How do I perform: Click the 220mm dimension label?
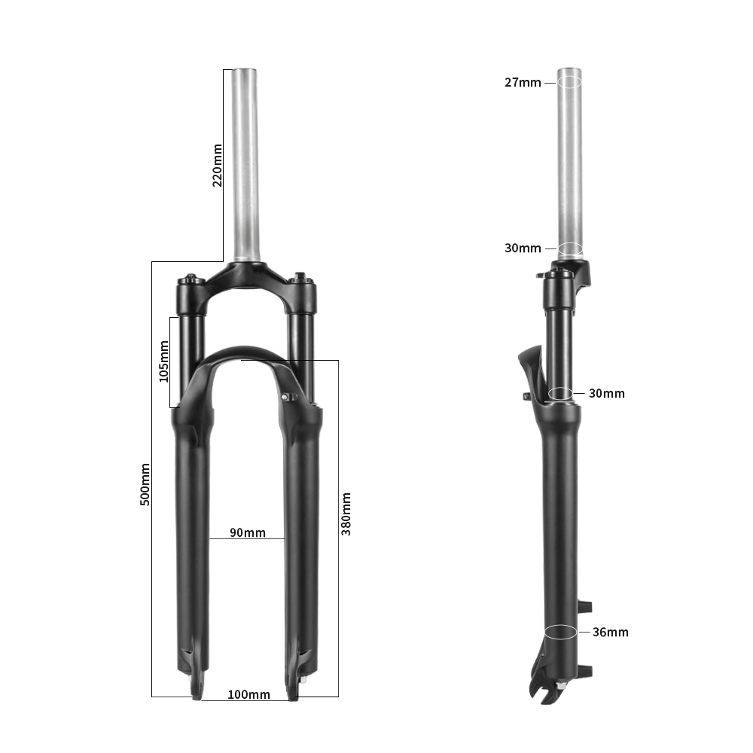point(218,165)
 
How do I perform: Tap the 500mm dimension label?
point(145,484)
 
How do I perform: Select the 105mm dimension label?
point(164,361)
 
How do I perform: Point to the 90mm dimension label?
point(248,532)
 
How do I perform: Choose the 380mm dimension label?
point(346,514)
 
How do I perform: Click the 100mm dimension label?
point(248,694)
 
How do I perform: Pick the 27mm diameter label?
point(523,83)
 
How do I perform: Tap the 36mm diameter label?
point(611,632)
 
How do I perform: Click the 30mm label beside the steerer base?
point(523,248)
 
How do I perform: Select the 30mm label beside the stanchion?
point(607,393)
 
